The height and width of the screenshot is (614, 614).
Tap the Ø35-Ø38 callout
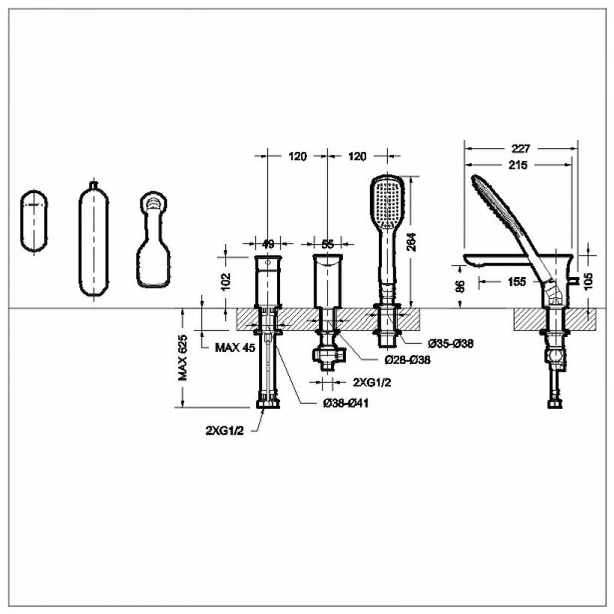450,344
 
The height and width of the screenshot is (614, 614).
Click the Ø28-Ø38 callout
407,360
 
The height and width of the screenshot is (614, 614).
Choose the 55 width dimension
326,243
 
